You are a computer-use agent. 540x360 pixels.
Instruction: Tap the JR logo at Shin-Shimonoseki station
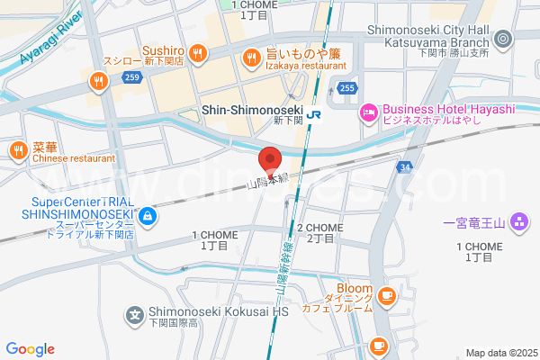314,114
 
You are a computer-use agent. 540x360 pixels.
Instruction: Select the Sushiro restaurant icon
196,53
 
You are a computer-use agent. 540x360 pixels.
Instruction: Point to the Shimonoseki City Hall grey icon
502,39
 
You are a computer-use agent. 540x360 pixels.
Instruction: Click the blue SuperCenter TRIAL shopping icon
146,216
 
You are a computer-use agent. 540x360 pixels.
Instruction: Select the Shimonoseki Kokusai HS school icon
134,315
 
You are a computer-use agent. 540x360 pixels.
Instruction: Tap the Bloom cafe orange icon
386,294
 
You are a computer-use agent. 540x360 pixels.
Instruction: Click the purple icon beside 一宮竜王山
518,221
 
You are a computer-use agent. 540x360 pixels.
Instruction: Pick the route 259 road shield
132,78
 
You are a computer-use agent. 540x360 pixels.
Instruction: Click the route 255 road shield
347,87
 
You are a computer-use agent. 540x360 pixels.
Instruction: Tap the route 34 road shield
407,167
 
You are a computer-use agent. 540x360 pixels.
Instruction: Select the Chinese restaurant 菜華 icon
16,150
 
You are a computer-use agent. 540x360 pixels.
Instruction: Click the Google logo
30,349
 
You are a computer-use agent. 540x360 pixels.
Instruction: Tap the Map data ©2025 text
500,353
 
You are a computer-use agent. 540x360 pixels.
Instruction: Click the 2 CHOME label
319,228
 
